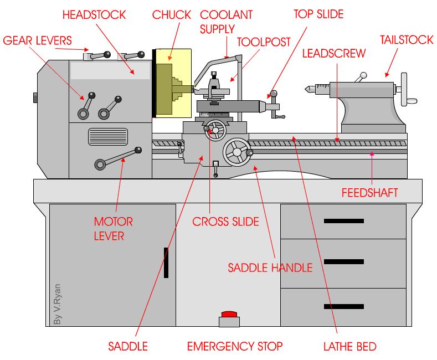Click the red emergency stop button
[x=229, y=315]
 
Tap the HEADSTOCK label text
[x=94, y=14]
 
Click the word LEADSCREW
[x=333, y=53]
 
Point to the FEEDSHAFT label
[x=369, y=193]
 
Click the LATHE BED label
[x=349, y=347]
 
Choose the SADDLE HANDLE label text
[x=270, y=268]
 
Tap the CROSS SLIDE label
[x=225, y=222]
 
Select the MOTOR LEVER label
[x=113, y=228]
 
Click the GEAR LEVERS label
[x=37, y=40]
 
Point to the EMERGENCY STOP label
[x=235, y=347]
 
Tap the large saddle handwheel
[x=237, y=151]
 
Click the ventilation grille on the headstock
[x=107, y=136]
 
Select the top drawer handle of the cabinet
[x=343, y=221]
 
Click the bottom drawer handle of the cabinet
[x=343, y=306]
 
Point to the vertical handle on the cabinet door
[x=165, y=263]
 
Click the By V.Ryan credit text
[x=57, y=305]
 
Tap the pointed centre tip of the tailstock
[x=306, y=88]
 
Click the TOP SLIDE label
[x=318, y=14]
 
